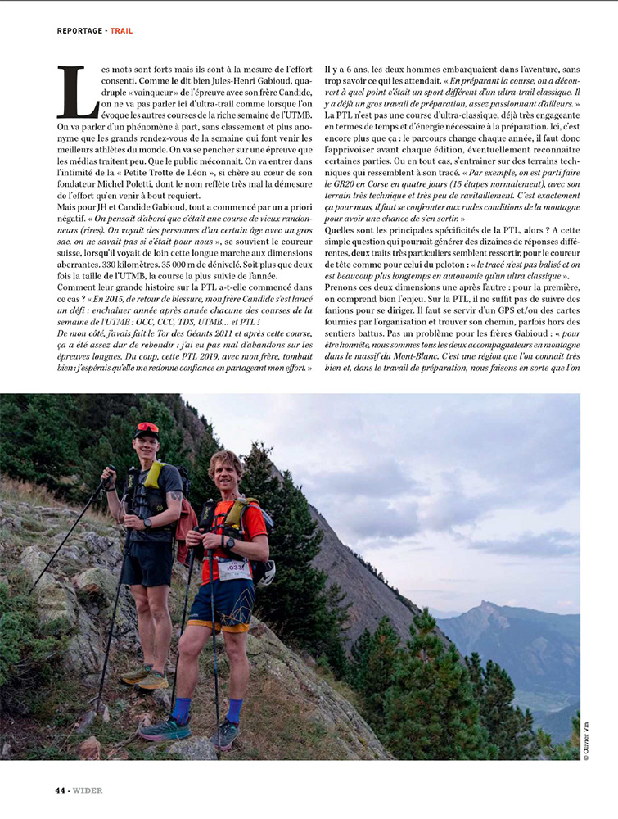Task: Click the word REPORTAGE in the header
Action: [x=79, y=31]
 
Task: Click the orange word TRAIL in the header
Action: [x=121, y=31]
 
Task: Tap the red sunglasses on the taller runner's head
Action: [x=147, y=428]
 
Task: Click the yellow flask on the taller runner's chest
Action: [x=154, y=475]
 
